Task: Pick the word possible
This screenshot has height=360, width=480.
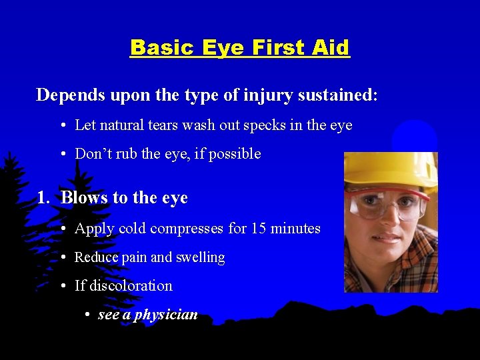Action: [235, 154]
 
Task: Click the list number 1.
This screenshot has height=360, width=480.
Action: [43, 198]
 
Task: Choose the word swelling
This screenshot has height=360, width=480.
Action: [199, 257]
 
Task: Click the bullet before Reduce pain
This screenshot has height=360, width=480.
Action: [61, 257]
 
